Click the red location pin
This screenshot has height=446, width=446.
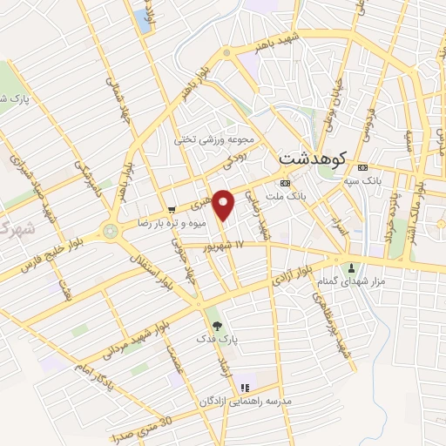[224, 204]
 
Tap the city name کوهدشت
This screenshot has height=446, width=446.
[313, 159]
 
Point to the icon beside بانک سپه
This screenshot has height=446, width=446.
[363, 168]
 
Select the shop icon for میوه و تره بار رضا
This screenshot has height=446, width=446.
[172, 209]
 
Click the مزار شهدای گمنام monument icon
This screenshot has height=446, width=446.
[352, 267]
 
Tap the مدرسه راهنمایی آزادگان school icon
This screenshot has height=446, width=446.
[246, 387]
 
